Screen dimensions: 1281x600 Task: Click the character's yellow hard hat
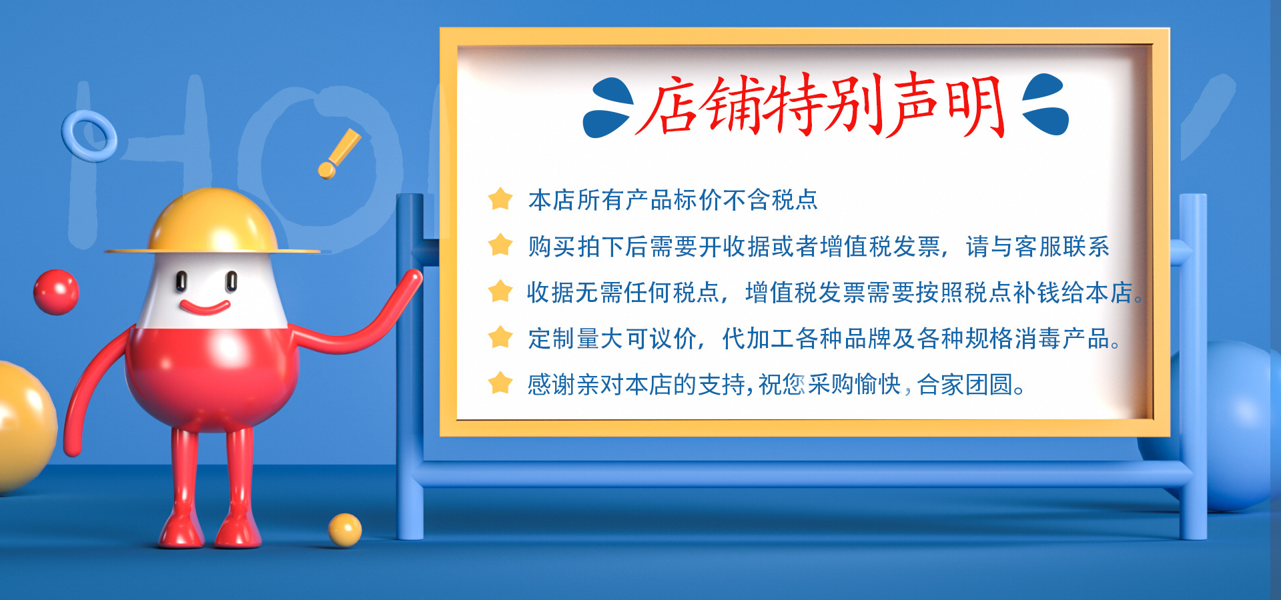coord(212,223)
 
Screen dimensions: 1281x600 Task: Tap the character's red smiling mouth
coord(205,307)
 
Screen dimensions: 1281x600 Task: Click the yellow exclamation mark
coord(338,153)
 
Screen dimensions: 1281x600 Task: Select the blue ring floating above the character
coord(89,136)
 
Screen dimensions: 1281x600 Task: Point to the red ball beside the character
coord(57,292)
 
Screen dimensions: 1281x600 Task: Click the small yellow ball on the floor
coord(345,530)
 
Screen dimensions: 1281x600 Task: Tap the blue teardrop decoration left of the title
coord(608,108)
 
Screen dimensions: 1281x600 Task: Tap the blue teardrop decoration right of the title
coord(1045,104)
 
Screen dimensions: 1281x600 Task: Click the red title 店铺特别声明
coord(820,105)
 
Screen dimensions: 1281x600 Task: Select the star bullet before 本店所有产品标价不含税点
coord(500,199)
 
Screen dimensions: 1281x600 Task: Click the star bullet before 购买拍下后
coord(500,245)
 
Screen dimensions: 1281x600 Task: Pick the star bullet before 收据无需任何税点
coord(500,291)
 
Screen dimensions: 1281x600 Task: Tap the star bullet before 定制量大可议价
coord(500,337)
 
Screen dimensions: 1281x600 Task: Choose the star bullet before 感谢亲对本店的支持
coord(500,383)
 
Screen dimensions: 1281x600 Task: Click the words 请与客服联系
coord(1037,247)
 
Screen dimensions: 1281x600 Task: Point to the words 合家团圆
coord(965,385)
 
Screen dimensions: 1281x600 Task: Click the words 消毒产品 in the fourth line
coord(1062,339)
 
